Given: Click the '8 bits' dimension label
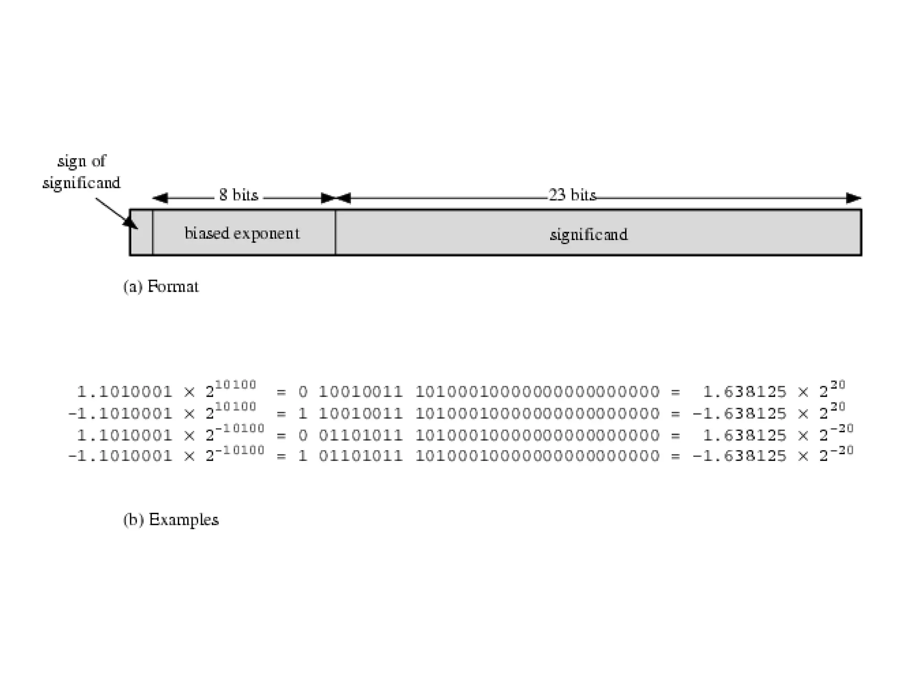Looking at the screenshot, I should [239, 195].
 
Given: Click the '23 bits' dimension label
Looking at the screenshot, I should [572, 195].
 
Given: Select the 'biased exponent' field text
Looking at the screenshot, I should [242, 233].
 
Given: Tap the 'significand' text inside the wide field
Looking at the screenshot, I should [588, 234].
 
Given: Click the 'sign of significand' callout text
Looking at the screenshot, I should [81, 172].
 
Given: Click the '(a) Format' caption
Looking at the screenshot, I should [161, 287].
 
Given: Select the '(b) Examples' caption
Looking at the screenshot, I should [171, 520].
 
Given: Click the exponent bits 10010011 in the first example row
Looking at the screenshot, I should [360, 392].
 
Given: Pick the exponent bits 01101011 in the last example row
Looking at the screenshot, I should [360, 456].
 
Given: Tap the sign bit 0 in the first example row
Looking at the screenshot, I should [303, 392].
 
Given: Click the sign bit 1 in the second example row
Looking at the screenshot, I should [303, 413].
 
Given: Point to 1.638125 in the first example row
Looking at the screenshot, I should [744, 392].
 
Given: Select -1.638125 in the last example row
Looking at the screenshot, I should [739, 456].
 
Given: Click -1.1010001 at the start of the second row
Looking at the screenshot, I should [120, 413].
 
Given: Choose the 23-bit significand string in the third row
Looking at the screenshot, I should [537, 435].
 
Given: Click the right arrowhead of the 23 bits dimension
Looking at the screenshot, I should [853, 198].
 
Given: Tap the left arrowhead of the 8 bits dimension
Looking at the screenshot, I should [160, 198].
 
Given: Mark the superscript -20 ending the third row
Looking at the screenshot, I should [842, 429].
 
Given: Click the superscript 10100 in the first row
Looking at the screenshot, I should [236, 385].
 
